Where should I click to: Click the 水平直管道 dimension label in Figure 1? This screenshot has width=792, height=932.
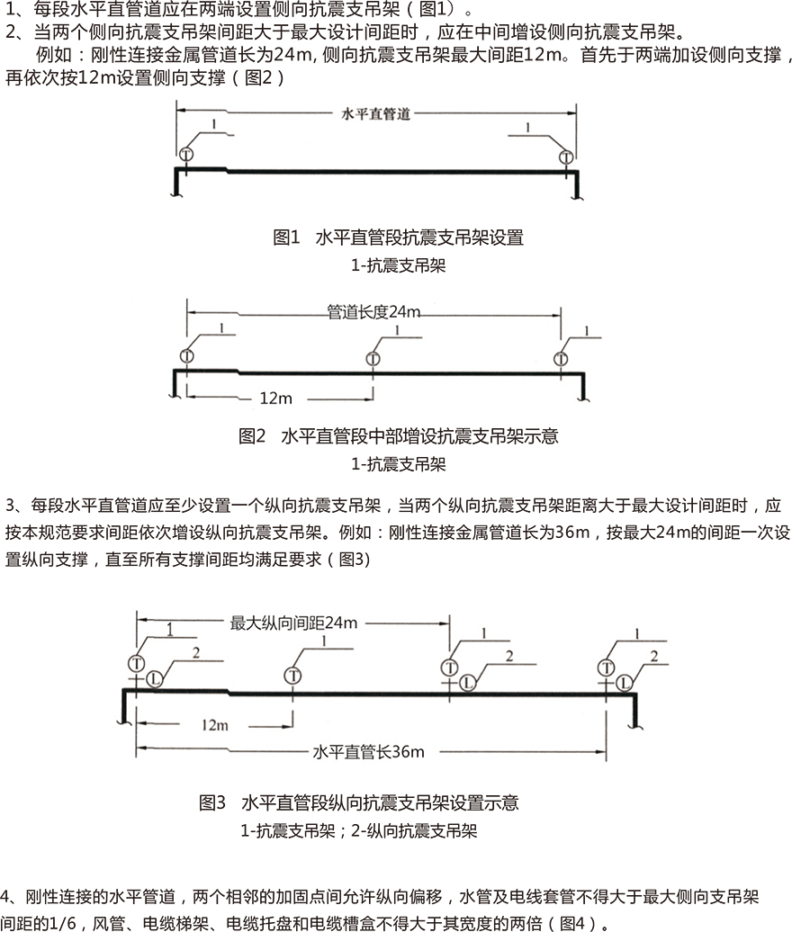point(376,113)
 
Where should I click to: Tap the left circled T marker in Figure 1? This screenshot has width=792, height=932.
point(186,155)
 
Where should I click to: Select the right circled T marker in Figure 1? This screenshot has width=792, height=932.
point(566,157)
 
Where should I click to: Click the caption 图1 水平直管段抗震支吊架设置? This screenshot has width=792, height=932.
point(398,237)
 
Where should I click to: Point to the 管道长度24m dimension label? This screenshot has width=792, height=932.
point(373,311)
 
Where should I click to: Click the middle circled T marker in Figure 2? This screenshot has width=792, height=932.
point(373,358)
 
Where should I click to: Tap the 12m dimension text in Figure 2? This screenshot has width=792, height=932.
point(276,399)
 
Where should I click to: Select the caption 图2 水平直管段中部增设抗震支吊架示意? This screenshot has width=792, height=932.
point(399,436)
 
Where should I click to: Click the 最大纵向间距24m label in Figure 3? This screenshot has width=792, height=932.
point(293,623)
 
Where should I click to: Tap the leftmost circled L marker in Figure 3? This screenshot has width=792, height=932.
point(155,679)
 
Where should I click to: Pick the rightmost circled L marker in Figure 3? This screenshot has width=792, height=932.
point(624,683)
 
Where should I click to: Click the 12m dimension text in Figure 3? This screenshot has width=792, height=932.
point(214,725)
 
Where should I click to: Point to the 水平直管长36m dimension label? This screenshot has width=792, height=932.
point(369,752)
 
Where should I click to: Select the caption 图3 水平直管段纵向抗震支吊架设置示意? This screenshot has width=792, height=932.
point(358,803)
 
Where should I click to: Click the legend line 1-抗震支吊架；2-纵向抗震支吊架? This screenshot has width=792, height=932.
point(358,830)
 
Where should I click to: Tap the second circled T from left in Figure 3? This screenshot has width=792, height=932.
point(292,676)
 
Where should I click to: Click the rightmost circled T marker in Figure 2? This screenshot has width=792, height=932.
point(561,359)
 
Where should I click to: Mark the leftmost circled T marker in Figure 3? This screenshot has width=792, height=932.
point(136,663)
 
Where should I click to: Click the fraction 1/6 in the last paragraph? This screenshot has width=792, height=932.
point(62,923)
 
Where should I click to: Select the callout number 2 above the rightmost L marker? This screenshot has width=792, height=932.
point(654,656)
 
